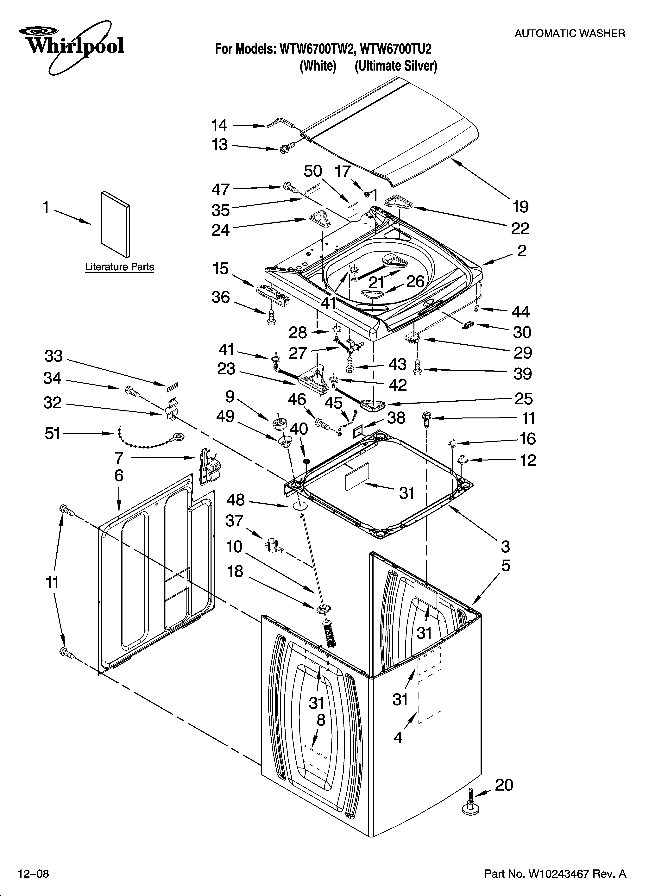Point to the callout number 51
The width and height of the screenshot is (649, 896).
pos(53,433)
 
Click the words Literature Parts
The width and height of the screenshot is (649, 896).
pos(119,267)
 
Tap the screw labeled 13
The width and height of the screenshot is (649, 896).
pos(283,148)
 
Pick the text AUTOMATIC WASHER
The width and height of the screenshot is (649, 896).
pos(570,34)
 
